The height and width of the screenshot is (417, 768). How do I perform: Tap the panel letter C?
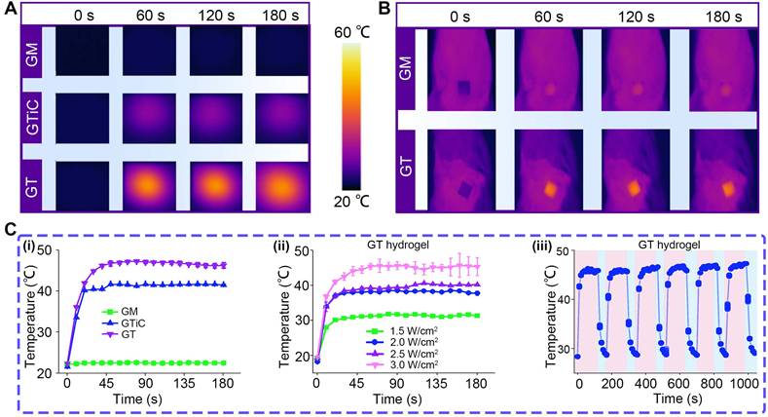click(x=11, y=232)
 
